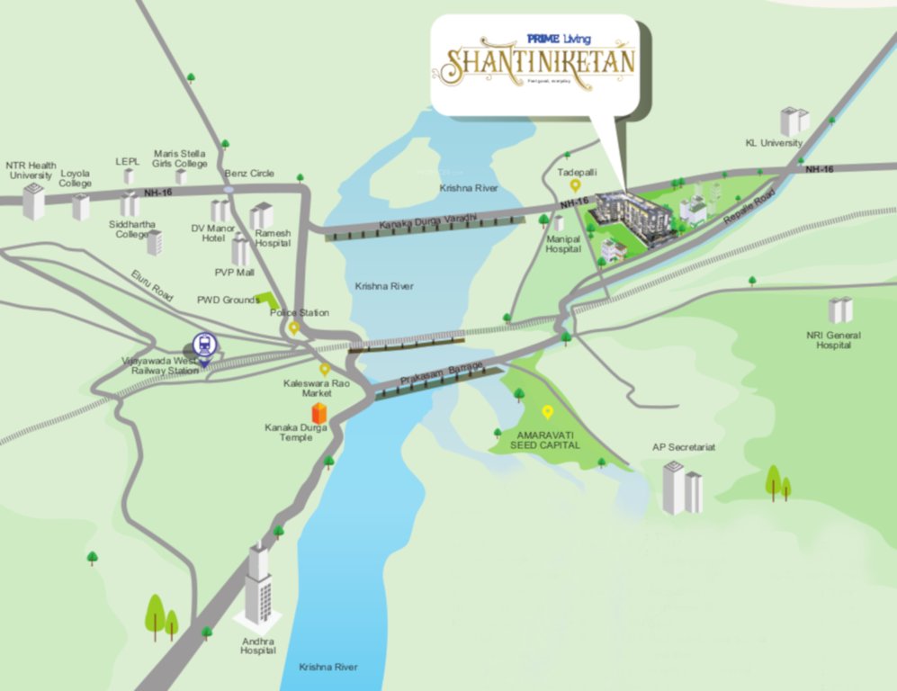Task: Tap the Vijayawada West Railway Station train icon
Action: pyautogui.click(x=204, y=345)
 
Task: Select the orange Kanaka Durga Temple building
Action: pyautogui.click(x=318, y=413)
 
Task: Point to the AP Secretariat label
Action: pyautogui.click(x=684, y=447)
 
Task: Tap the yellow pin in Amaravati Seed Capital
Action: pyautogui.click(x=547, y=412)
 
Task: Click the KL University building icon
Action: pyautogui.click(x=794, y=121)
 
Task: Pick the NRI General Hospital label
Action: pyautogui.click(x=833, y=340)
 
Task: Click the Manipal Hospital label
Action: pyautogui.click(x=563, y=244)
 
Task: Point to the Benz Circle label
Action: pyautogui.click(x=249, y=173)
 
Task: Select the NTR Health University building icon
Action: pyautogui.click(x=33, y=202)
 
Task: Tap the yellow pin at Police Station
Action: pyautogui.click(x=293, y=328)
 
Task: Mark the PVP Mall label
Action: pyautogui.click(x=230, y=271)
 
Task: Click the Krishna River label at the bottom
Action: pyautogui.click(x=327, y=667)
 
